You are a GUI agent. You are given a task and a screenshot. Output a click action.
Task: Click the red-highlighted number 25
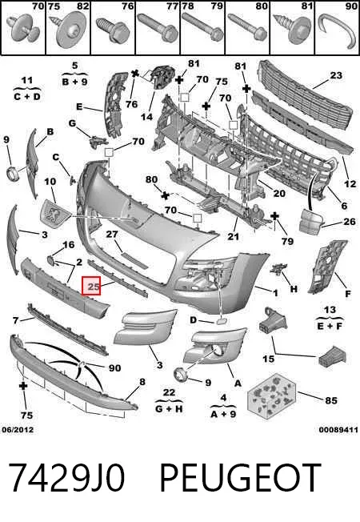pyautogui.click(x=94, y=286)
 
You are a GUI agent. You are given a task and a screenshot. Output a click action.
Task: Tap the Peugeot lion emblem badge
pyautogui.click(x=53, y=213)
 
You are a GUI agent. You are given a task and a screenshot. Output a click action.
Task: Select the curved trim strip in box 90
pyautogui.click(x=336, y=31)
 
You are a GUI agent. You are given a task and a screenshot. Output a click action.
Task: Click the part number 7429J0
pyautogui.click(x=66, y=477)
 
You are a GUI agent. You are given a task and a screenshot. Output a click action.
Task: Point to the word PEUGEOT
pyautogui.click(x=239, y=477)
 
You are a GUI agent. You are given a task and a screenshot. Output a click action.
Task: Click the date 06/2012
pyautogui.click(x=18, y=430)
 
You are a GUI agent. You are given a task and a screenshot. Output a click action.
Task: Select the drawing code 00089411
pyautogui.click(x=338, y=430)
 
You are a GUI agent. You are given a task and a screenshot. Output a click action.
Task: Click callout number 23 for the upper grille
pyautogui.click(x=336, y=75)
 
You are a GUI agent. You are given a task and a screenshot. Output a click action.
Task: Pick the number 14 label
pyautogui.click(x=146, y=117)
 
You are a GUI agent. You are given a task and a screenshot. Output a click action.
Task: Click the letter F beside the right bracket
pyautogui.click(x=348, y=294)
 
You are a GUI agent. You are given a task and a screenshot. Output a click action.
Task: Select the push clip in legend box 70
pyautogui.click(x=24, y=30)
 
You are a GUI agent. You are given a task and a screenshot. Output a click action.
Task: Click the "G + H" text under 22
pyautogui.click(x=169, y=408)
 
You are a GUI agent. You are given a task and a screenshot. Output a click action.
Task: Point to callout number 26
pyautogui.click(x=350, y=222)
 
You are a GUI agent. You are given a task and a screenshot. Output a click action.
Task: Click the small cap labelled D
pyautogui.click(x=220, y=321)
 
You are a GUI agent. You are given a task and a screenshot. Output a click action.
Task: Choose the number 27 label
pyautogui.click(x=112, y=235)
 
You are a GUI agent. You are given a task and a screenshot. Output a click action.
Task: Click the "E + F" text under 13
pyautogui.click(x=330, y=325)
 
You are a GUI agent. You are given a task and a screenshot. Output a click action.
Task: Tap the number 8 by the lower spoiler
pyautogui.click(x=142, y=382)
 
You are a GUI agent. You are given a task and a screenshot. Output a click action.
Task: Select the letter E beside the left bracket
pyautogui.click(x=79, y=106)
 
